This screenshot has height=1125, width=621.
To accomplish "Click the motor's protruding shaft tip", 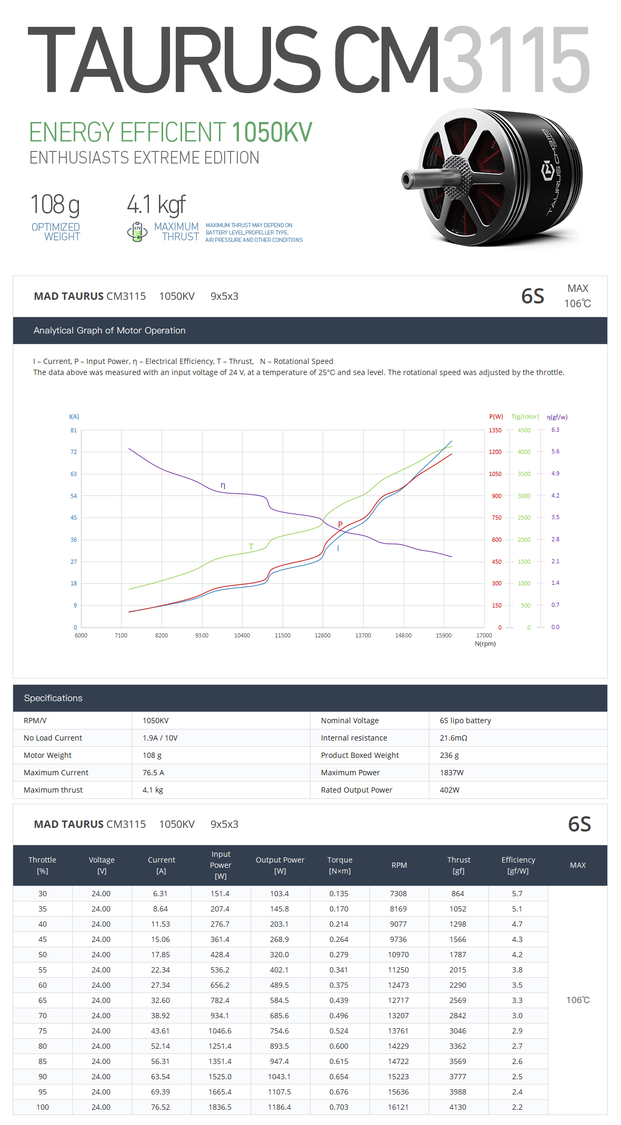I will pyautogui.click(x=406, y=180).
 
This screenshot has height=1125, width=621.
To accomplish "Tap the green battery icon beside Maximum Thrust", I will pyautogui.click(x=137, y=232).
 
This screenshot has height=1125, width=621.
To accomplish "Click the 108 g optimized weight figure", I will pyautogui.click(x=55, y=205).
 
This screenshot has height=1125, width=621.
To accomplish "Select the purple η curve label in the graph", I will pyautogui.click(x=223, y=485).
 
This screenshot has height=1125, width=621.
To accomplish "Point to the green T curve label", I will pyautogui.click(x=251, y=546).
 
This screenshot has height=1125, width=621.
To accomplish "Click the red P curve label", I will pyautogui.click(x=340, y=524).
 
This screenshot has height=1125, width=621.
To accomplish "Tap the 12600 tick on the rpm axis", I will pyautogui.click(x=323, y=635).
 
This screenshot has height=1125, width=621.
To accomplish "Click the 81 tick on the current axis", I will pyautogui.click(x=74, y=430).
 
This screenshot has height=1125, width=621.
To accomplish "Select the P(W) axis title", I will pyautogui.click(x=496, y=417).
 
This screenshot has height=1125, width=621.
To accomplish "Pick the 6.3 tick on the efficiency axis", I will pyautogui.click(x=555, y=430).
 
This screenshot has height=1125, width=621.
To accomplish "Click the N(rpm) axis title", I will pyautogui.click(x=485, y=644).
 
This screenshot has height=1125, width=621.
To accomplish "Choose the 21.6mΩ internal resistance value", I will pyautogui.click(x=453, y=738).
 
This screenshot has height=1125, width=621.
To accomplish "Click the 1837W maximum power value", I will pyautogui.click(x=452, y=773).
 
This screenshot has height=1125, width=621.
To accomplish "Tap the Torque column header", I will pyautogui.click(x=339, y=865).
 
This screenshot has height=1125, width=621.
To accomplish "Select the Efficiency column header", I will pyautogui.click(x=518, y=865).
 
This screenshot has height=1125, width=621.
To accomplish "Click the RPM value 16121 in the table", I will pyautogui.click(x=398, y=1107).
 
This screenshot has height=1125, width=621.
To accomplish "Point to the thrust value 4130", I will pyautogui.click(x=458, y=1107).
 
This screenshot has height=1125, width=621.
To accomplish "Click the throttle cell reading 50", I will pyautogui.click(x=43, y=955).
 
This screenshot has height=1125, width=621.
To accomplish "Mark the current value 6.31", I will pyautogui.click(x=161, y=894).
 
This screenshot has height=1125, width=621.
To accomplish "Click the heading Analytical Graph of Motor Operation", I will pyautogui.click(x=109, y=330).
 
